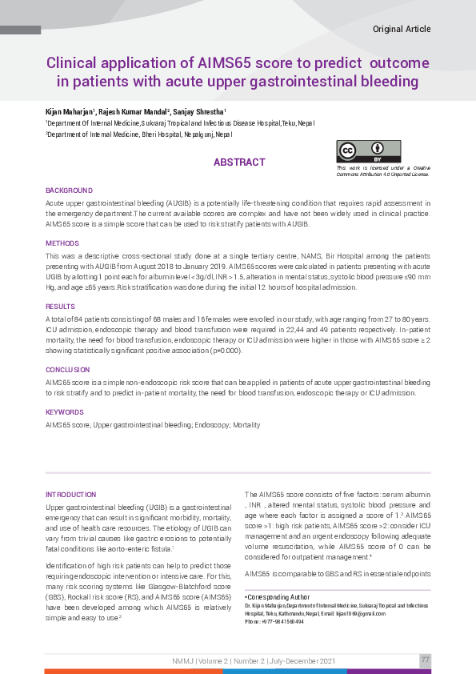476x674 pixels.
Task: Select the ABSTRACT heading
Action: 239,162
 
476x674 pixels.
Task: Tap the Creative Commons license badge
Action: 368,151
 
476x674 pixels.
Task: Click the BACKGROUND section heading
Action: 69,191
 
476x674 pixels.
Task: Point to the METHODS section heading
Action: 62,243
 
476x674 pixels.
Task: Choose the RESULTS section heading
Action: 60,307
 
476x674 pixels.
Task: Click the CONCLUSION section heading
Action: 68,371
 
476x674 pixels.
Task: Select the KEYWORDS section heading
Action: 65,412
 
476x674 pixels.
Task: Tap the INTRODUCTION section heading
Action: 71,495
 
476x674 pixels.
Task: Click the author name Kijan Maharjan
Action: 70,110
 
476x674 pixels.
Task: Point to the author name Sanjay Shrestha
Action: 198,110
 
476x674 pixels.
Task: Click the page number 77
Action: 426,660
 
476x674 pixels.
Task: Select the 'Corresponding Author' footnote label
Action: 278,597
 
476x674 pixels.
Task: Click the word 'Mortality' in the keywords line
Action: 246,425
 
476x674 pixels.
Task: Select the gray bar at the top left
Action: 20,30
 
